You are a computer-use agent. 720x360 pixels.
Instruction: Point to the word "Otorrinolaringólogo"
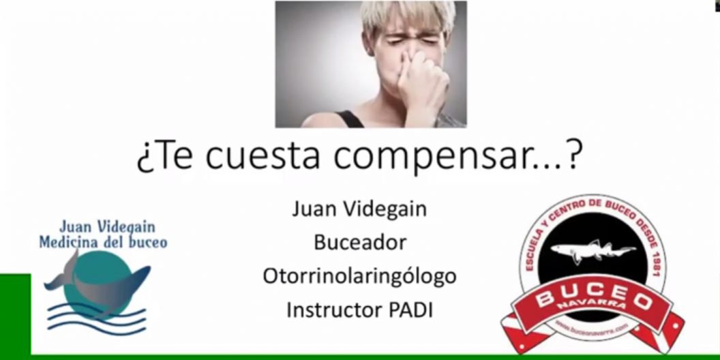click(359, 276)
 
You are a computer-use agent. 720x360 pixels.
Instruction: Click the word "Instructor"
click(331, 310)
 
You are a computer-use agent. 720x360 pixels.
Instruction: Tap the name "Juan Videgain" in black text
click(359, 209)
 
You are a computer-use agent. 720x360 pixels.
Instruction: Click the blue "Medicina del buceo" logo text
click(103, 242)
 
